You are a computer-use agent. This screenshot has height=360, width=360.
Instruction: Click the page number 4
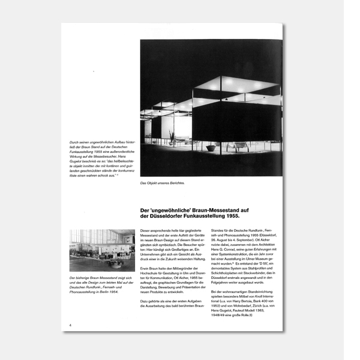pyautogui.click(x=71, y=325)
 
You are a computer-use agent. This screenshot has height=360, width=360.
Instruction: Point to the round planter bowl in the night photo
pyautogui.click(x=211, y=148)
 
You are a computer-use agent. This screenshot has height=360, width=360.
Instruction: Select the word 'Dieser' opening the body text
pyautogui.click(x=145, y=231)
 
